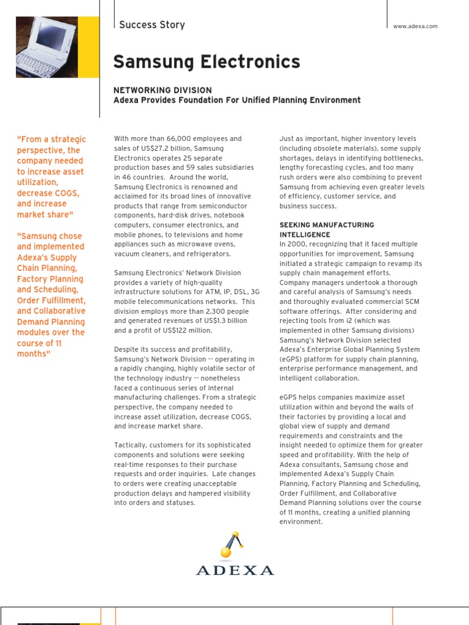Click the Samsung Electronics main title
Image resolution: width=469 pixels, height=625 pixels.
click(207, 62)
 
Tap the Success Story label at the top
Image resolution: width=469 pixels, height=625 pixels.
click(151, 25)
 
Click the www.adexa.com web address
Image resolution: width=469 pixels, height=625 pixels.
click(415, 26)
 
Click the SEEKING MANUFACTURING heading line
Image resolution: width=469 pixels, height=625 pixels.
click(327, 225)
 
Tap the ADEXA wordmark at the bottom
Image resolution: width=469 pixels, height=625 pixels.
click(235, 570)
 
